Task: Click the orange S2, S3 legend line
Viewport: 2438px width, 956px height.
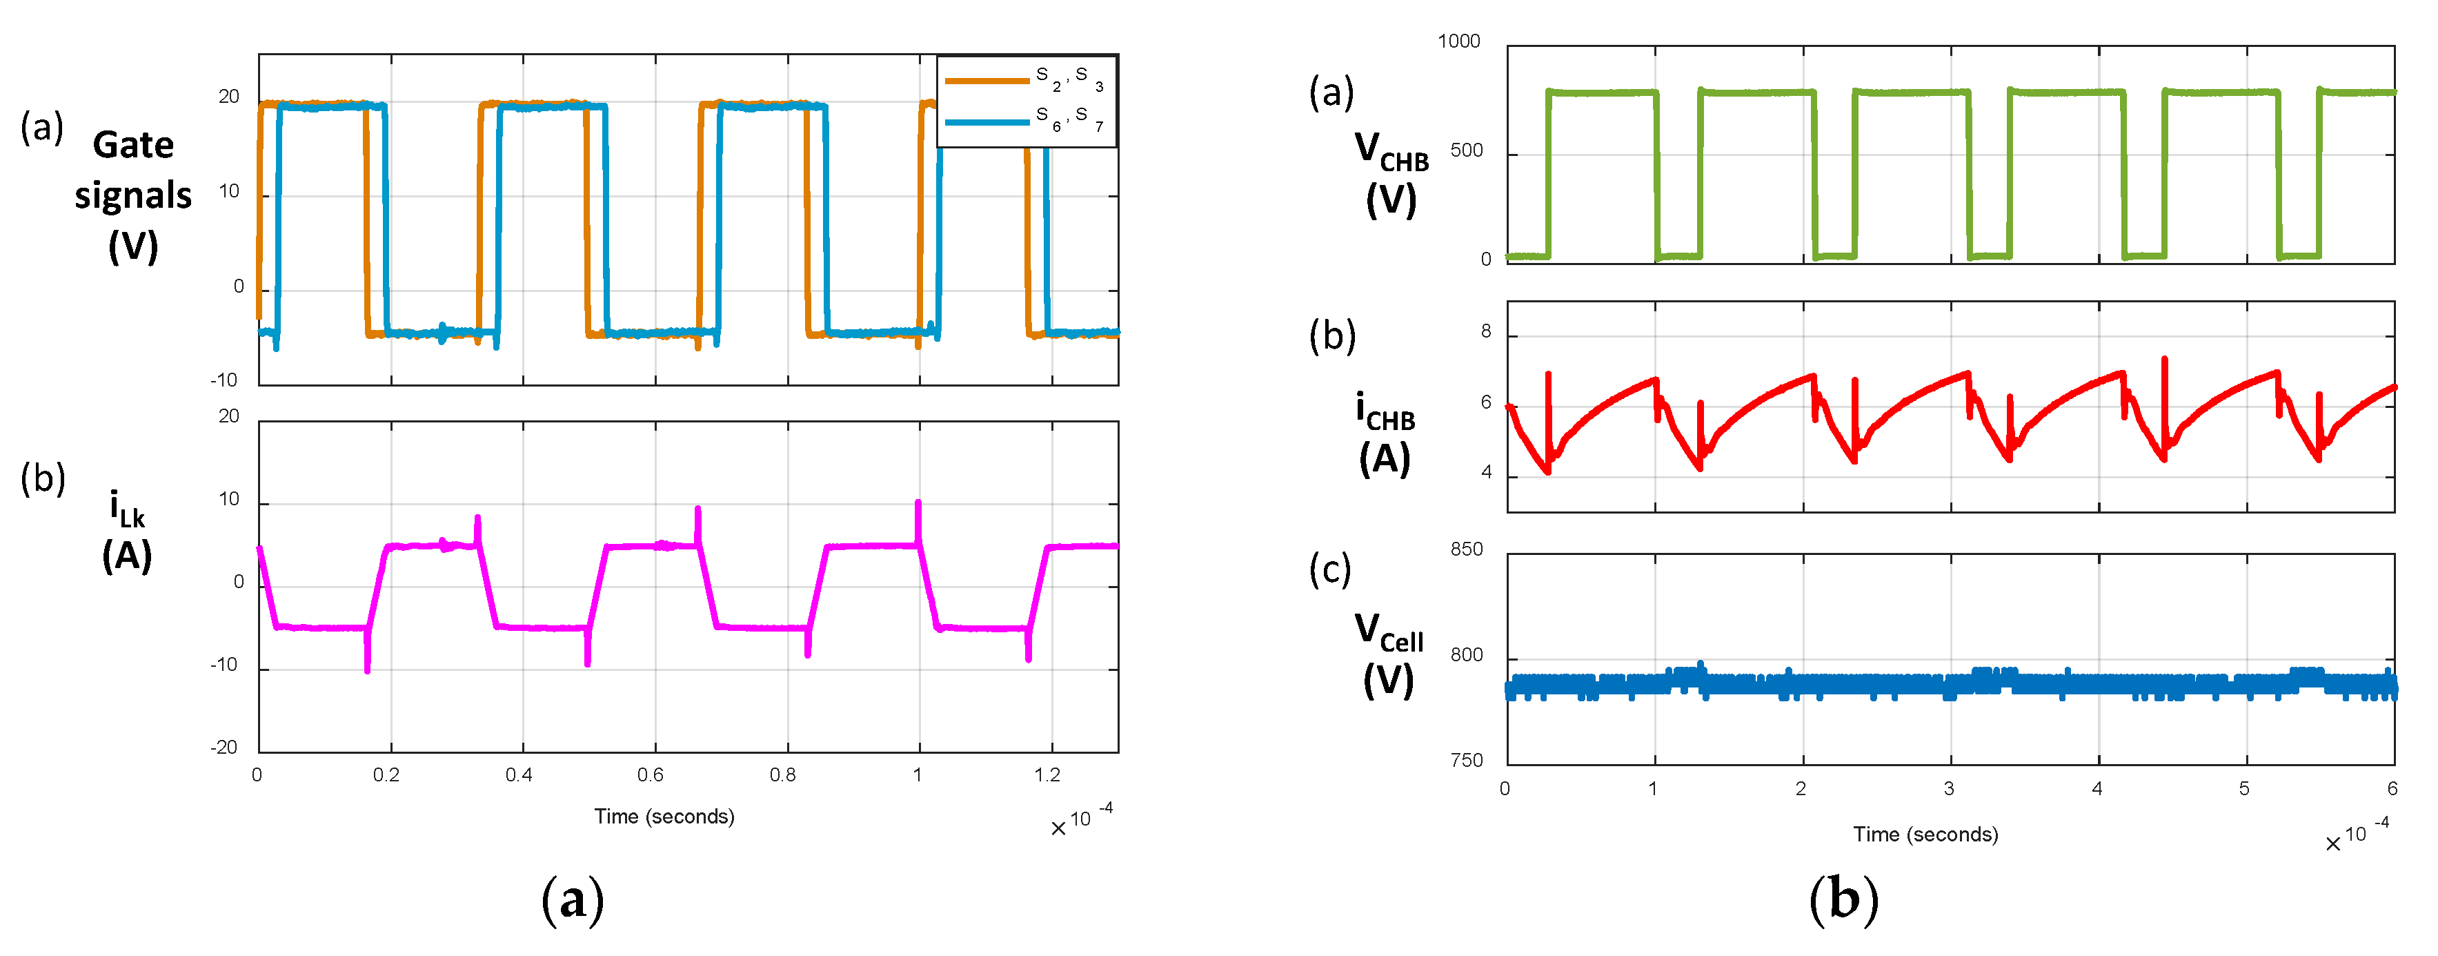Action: click(x=987, y=81)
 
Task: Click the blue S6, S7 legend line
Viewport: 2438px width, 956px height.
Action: click(x=987, y=122)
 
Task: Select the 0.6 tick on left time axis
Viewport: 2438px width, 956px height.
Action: click(x=650, y=775)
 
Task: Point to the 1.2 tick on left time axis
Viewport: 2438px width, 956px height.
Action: click(x=1047, y=775)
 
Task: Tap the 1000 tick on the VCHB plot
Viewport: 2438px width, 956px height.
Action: click(x=1458, y=41)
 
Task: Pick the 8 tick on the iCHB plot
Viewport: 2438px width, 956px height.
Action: click(x=1486, y=332)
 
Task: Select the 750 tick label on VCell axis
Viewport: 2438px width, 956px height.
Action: click(x=1466, y=760)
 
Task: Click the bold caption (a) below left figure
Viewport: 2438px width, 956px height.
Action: click(x=572, y=899)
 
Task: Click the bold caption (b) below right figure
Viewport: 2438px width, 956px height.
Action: click(x=1843, y=899)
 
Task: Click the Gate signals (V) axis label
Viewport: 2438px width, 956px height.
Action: click(x=132, y=195)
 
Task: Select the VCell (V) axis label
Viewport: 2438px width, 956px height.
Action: click(x=1389, y=654)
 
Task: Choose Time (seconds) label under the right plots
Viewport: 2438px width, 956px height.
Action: click(x=1925, y=834)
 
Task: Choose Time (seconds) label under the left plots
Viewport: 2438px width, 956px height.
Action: click(x=664, y=816)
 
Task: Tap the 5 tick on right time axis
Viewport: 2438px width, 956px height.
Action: click(x=2244, y=788)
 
